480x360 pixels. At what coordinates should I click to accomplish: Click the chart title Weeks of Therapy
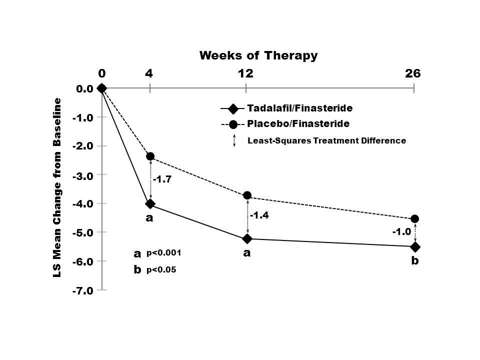(258, 55)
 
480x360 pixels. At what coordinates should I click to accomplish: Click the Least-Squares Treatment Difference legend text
(326, 141)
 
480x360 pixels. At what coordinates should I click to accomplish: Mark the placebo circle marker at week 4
(150, 156)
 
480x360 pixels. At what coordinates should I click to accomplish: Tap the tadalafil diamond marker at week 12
(247, 238)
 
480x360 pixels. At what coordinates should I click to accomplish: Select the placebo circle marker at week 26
(414, 219)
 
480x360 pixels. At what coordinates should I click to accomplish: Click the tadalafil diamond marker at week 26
(415, 247)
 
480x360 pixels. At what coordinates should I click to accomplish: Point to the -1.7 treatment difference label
(162, 179)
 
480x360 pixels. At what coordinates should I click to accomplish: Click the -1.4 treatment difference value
(259, 215)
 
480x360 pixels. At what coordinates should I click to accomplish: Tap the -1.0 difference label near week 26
(401, 232)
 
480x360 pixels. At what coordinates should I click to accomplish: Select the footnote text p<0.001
(163, 253)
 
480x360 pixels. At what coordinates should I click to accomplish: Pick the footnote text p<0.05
(161, 270)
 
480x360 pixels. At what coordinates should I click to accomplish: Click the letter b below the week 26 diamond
(414, 261)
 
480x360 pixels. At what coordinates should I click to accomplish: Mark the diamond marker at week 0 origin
(102, 88)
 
